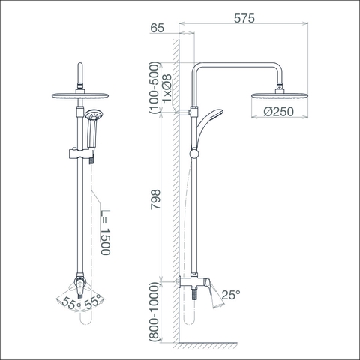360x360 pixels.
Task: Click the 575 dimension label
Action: coord(244,18)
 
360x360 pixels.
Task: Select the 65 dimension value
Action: coord(157,28)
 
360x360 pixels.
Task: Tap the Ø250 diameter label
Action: coord(278,112)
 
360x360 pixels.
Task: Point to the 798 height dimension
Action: coord(155,199)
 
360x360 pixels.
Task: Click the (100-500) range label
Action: coord(154,88)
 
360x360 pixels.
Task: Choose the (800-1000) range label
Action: coord(154,312)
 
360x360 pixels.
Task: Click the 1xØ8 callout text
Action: coord(167,88)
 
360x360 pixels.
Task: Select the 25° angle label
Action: coord(231,295)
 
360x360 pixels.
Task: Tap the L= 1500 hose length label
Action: coord(105,232)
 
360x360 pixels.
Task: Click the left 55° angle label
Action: coord(70,303)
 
